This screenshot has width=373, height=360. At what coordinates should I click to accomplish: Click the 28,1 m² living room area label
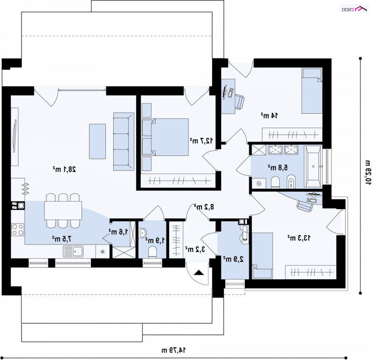[64, 169]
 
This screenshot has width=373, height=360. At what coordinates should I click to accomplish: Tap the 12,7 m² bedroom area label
[201, 141]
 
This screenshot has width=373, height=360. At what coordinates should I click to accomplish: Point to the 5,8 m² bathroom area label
[277, 167]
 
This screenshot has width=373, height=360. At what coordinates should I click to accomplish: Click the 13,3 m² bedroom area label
[299, 238]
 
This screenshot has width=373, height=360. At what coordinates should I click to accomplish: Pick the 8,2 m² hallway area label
[204, 207]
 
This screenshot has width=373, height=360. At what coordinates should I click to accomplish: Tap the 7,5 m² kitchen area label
[62, 239]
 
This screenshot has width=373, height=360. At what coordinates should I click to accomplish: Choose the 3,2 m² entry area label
[195, 249]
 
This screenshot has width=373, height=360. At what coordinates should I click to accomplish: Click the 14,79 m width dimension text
[173, 350]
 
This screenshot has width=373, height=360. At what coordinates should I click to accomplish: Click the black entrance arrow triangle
[199, 272]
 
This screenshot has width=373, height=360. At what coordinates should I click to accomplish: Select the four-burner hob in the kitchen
[18, 230]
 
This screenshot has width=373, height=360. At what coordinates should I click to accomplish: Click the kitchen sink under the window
[73, 251]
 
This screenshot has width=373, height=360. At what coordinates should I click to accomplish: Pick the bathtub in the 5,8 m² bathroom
[313, 167]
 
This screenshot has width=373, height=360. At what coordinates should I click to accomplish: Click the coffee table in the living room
[97, 142]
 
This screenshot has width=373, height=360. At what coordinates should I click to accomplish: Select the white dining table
[63, 211]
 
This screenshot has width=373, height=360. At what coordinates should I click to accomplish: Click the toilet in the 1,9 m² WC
[152, 252]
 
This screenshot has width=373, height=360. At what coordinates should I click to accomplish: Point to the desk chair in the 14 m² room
[239, 102]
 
